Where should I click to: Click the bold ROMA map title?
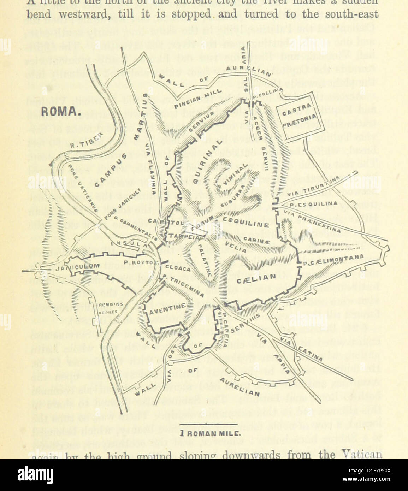[59, 112]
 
